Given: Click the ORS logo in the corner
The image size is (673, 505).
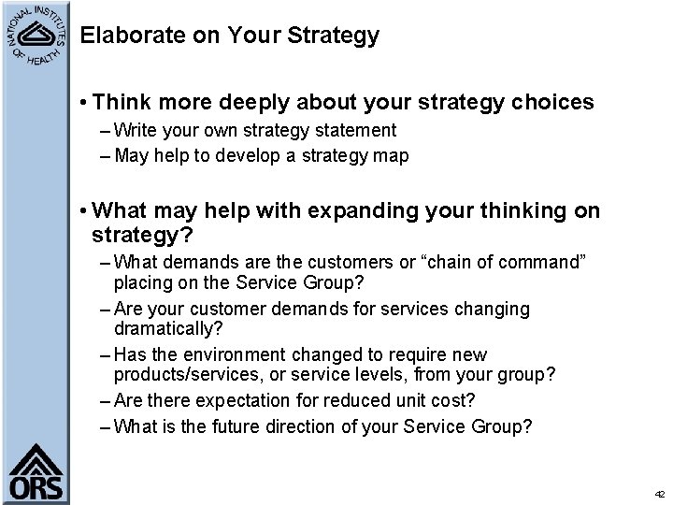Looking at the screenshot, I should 37,472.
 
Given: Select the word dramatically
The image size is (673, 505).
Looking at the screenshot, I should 165,327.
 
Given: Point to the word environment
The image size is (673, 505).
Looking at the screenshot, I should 236,354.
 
